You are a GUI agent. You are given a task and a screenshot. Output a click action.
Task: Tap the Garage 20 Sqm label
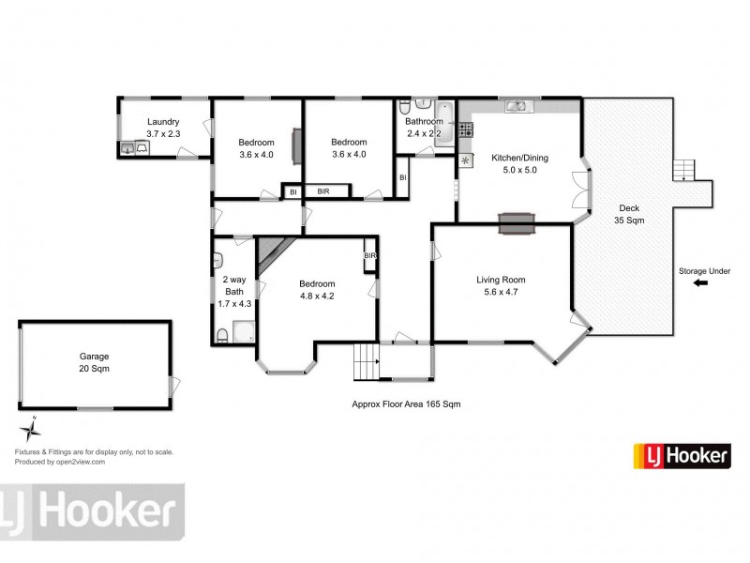point(94,362)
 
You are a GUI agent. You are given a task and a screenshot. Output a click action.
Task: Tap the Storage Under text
point(704,272)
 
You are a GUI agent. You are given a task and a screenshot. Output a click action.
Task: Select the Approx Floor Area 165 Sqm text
point(406,404)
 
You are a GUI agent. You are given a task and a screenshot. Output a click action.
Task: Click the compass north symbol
point(31,430)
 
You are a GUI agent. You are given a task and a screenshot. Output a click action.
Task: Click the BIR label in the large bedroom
point(369,255)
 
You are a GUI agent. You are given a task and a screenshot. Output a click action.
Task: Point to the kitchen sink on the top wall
point(517,106)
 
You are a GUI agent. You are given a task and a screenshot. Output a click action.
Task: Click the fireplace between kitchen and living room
point(517,222)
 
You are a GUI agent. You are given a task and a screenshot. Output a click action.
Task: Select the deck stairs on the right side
point(686,171)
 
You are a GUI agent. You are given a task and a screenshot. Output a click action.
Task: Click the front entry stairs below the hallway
point(365,361)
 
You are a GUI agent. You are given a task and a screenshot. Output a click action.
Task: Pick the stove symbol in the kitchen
point(465,161)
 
